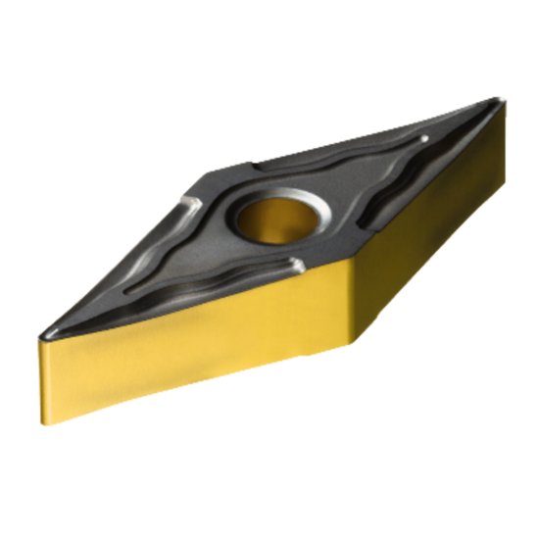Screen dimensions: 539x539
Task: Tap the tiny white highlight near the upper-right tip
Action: [x=423, y=143]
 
